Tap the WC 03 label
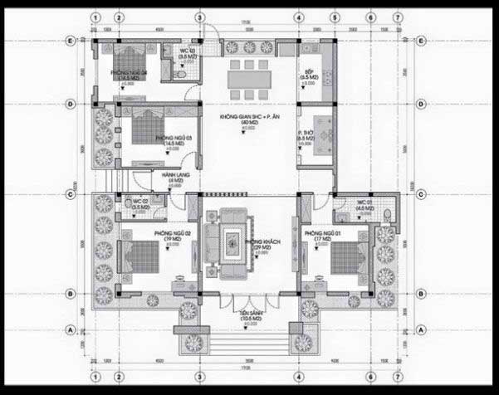(x=188, y=51)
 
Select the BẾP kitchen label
(x=308, y=73)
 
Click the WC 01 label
(x=364, y=203)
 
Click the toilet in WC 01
(x=387, y=213)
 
